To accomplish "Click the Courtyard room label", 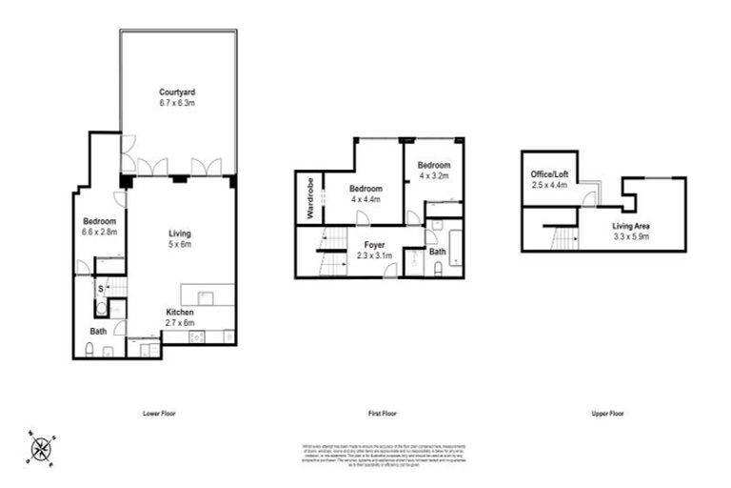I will pyautogui.click(x=178, y=91).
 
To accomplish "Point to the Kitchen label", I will pyautogui.click(x=180, y=313).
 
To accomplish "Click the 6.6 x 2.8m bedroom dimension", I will pyautogui.click(x=99, y=232).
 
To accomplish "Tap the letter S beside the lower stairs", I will pyautogui.click(x=100, y=287).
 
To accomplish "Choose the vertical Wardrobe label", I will pyautogui.click(x=309, y=197).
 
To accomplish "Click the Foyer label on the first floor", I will pyautogui.click(x=363, y=243).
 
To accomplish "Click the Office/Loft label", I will pyautogui.click(x=548, y=174).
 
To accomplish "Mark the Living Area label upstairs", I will pyautogui.click(x=629, y=225).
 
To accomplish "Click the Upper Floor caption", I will pyautogui.click(x=604, y=414).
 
